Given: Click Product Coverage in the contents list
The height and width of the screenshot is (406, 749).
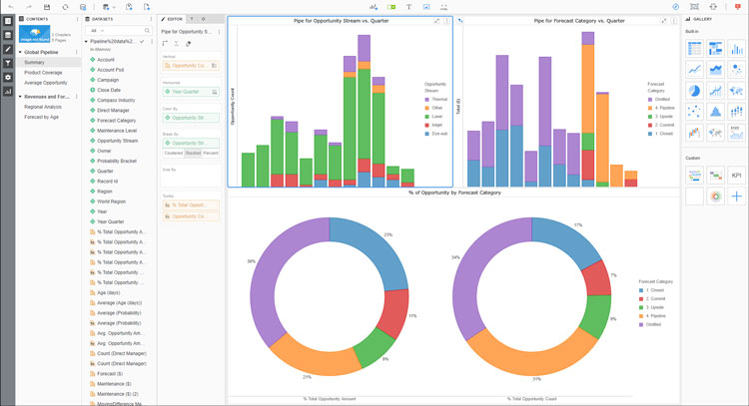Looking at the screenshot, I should [44, 72].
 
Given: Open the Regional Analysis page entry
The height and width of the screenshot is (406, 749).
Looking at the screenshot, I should [44, 106].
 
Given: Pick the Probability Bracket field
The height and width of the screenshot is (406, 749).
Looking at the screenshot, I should [118, 162].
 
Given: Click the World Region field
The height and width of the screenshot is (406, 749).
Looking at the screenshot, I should [112, 202].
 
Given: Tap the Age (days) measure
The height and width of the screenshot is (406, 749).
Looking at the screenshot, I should [110, 292].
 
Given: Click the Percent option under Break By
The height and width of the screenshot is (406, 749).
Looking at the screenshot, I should [211, 154].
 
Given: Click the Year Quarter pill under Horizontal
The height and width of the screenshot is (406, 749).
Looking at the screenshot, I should [190, 91].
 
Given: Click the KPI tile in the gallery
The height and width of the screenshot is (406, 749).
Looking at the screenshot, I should [736, 175].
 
